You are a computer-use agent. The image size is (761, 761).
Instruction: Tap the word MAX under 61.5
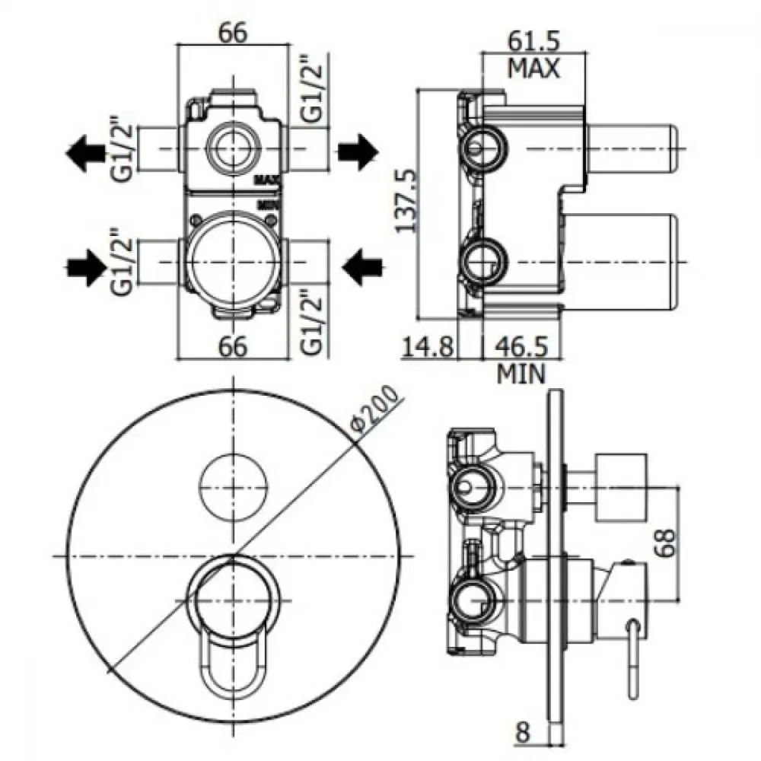(x=533, y=68)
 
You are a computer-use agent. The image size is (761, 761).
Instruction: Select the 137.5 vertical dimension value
(x=406, y=201)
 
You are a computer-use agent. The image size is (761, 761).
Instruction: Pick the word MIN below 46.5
(x=521, y=374)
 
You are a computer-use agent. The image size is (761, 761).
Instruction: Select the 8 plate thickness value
(x=523, y=733)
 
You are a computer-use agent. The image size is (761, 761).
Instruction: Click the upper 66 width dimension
(x=233, y=33)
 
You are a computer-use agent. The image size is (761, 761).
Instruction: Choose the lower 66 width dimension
(x=233, y=346)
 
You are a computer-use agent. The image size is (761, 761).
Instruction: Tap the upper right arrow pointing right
(x=358, y=151)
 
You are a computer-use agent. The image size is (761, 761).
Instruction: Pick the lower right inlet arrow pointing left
(x=362, y=267)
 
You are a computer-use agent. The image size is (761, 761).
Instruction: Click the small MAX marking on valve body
(x=268, y=180)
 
